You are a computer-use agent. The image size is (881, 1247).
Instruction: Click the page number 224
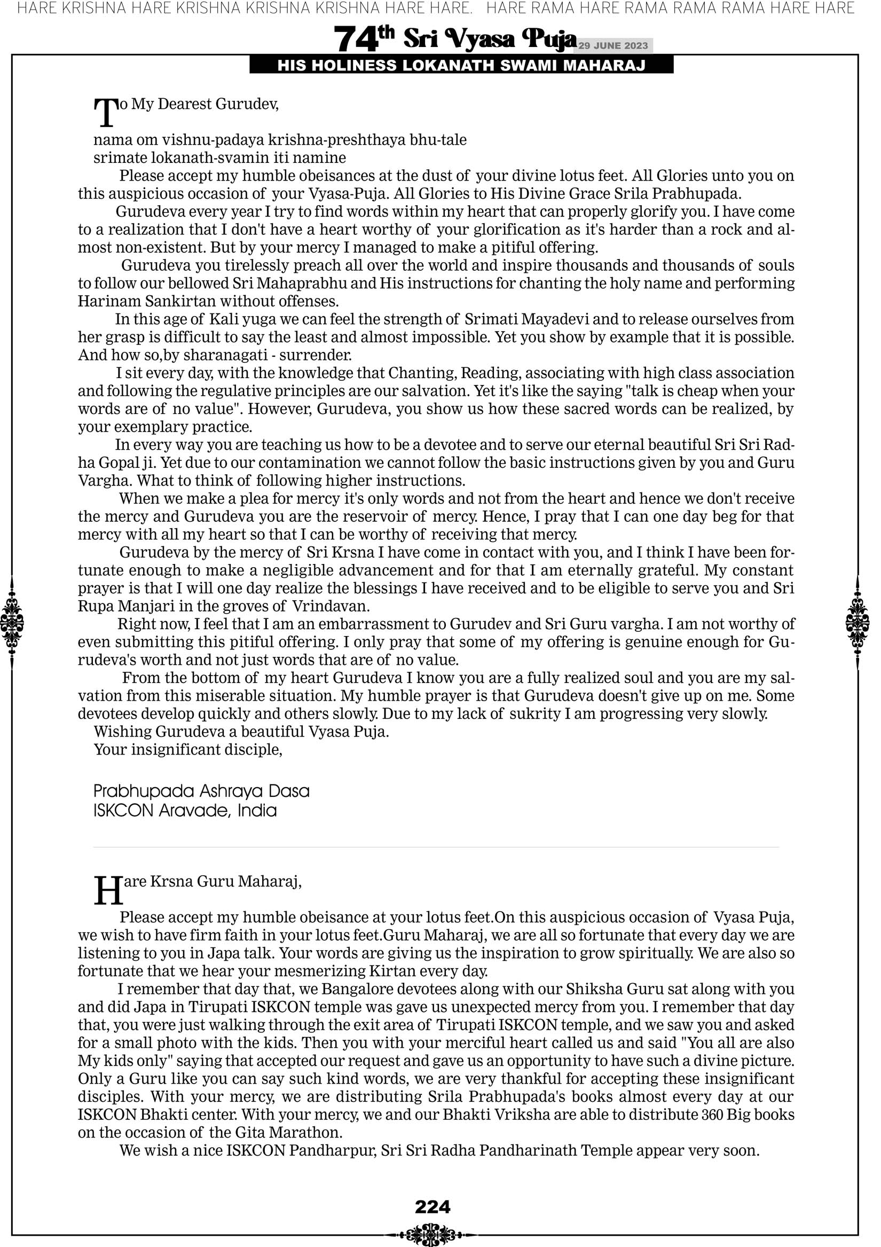432,1207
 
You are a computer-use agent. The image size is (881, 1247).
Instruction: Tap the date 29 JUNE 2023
612,45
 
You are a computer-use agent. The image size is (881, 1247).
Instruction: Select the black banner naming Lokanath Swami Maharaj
461,66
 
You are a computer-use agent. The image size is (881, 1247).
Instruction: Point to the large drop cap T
106,113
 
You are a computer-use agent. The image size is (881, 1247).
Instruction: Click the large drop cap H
108,891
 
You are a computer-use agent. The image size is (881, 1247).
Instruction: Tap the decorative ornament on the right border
858,622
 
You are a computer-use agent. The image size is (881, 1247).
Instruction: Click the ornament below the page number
432,1235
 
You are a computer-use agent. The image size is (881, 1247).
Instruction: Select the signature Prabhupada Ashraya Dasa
201,791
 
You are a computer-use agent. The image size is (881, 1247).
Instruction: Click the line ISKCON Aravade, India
185,811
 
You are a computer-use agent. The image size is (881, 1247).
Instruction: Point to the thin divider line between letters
436,847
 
